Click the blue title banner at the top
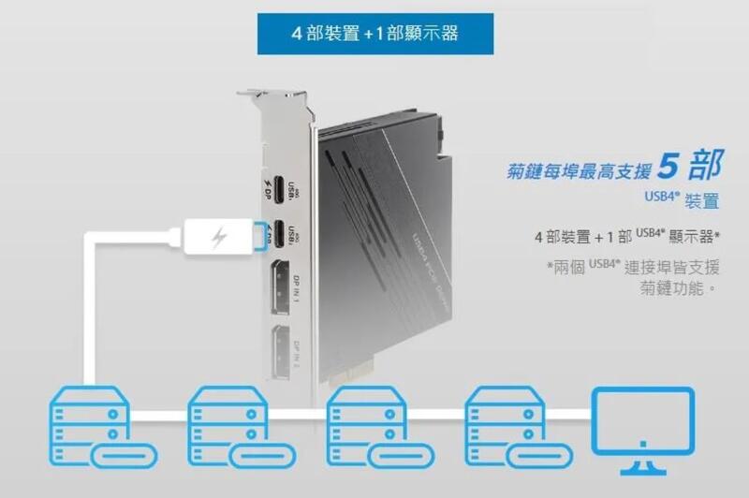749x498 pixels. pos(374,35)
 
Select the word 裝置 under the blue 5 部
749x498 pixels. pos(702,200)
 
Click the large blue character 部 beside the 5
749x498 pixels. pos(705,165)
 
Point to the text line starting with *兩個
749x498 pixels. pos(636,267)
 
